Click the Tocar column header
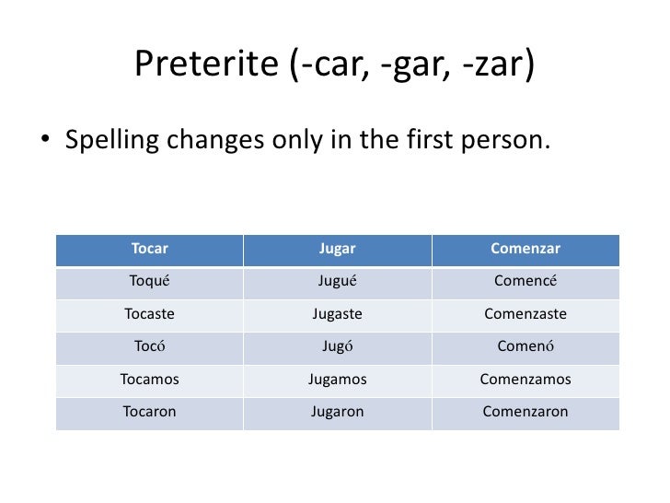[x=150, y=249]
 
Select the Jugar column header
[x=337, y=249]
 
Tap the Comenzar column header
[x=526, y=249]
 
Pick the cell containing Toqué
[x=150, y=282]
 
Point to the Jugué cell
[x=337, y=282]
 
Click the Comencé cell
[x=526, y=282]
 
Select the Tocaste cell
[x=150, y=314]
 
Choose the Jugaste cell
[x=337, y=314]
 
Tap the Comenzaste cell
[x=526, y=314]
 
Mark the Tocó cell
[x=150, y=347]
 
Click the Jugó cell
[x=337, y=347]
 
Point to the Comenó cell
[x=526, y=347]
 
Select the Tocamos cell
[x=150, y=380]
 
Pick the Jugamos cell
[x=337, y=380]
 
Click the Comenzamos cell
[x=526, y=380]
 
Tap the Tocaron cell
[x=150, y=412]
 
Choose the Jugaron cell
[x=337, y=412]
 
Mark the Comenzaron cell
[x=526, y=412]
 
